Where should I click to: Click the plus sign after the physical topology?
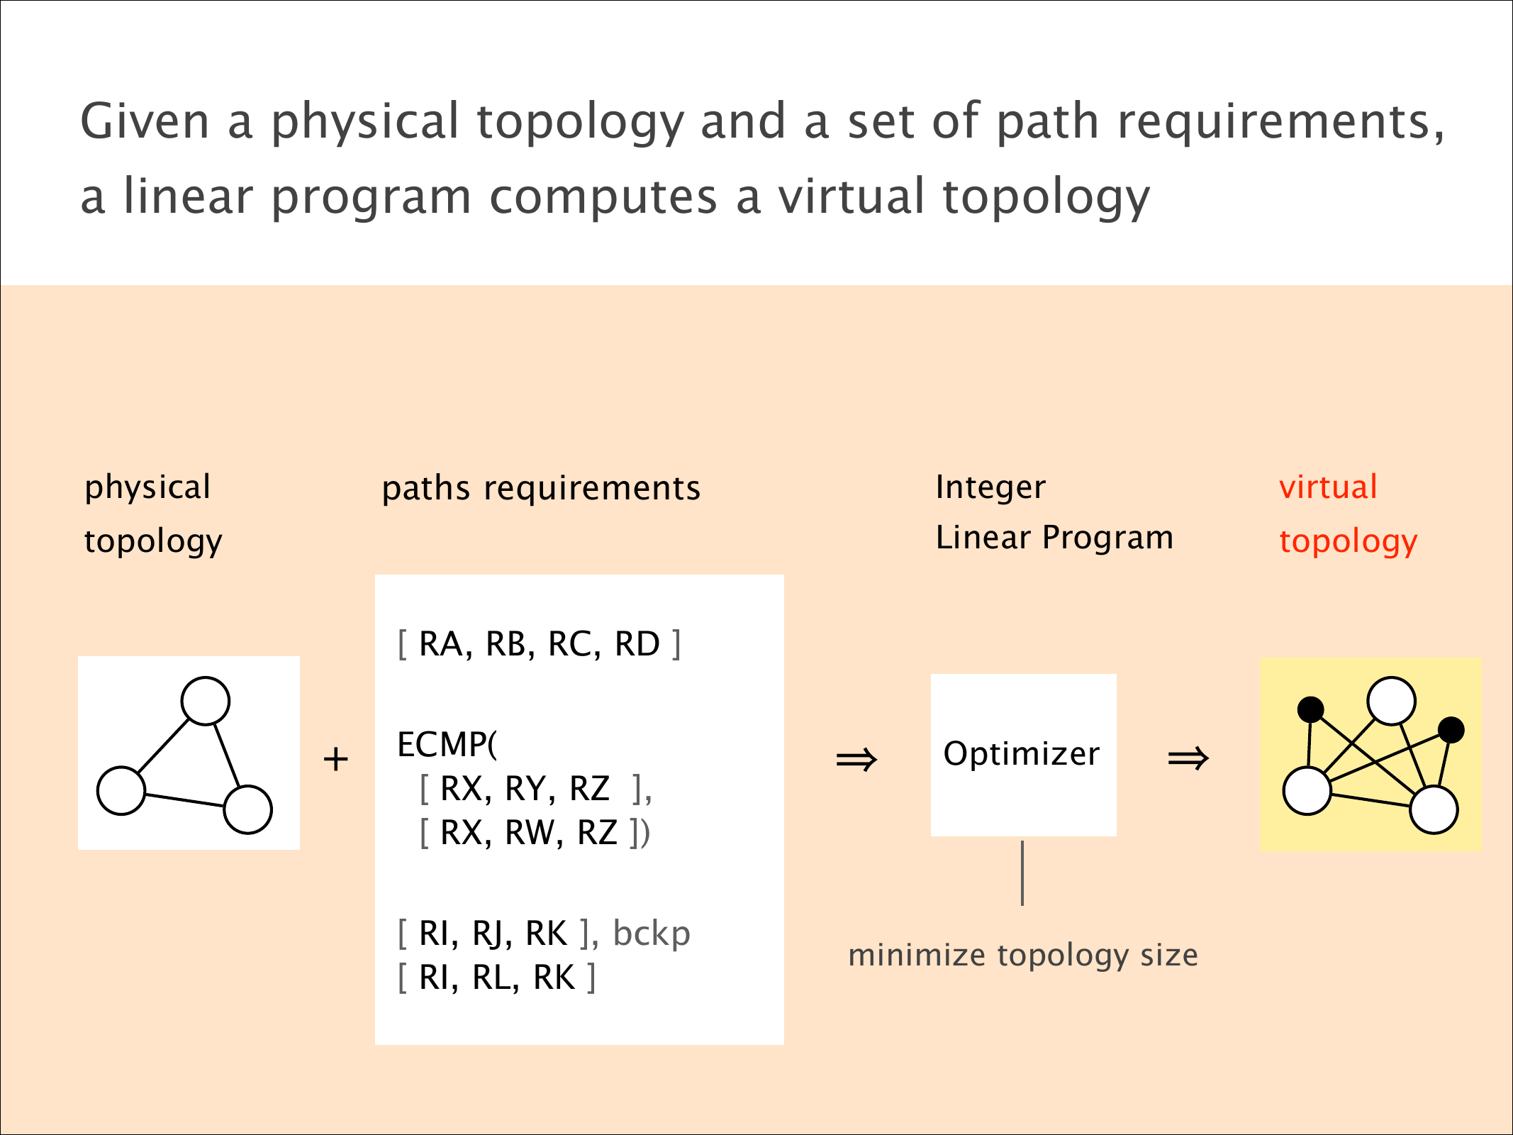click(335, 760)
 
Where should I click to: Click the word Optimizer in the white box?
click(1021, 753)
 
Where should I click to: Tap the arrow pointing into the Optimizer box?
click(856, 760)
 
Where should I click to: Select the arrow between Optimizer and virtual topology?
click(1188, 758)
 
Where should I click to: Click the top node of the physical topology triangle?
click(206, 701)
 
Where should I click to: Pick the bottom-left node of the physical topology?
click(121, 790)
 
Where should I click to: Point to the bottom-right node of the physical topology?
click(247, 809)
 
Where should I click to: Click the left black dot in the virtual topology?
click(1310, 709)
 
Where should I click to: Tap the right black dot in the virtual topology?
click(1451, 730)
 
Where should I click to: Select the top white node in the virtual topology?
click(1391, 701)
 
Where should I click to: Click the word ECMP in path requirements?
click(442, 745)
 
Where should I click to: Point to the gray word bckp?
click(652, 934)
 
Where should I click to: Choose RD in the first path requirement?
click(637, 644)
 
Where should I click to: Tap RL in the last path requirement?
click(492, 978)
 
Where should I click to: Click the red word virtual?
click(1328, 487)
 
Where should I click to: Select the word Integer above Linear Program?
click(990, 487)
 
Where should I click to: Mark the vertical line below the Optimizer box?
click(1022, 873)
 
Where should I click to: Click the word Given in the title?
click(145, 121)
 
